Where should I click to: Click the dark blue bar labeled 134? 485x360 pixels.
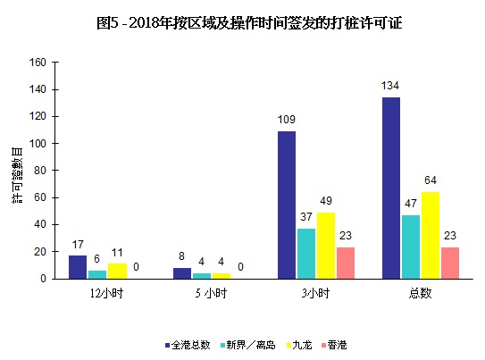tap(390, 188)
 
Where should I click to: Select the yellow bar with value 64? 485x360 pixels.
tap(431, 235)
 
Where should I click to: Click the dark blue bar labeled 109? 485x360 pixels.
tap(286, 205)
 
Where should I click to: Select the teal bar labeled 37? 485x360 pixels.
tap(306, 253)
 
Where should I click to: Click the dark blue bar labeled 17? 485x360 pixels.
tap(78, 266)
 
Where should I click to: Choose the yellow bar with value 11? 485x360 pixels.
tap(118, 271)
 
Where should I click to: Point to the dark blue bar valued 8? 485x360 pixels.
tap(182, 272)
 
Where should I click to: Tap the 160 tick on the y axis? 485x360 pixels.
tap(38, 63)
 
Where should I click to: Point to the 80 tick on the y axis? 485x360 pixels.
tap(40, 171)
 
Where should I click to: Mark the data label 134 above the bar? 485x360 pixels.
tap(390, 87)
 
